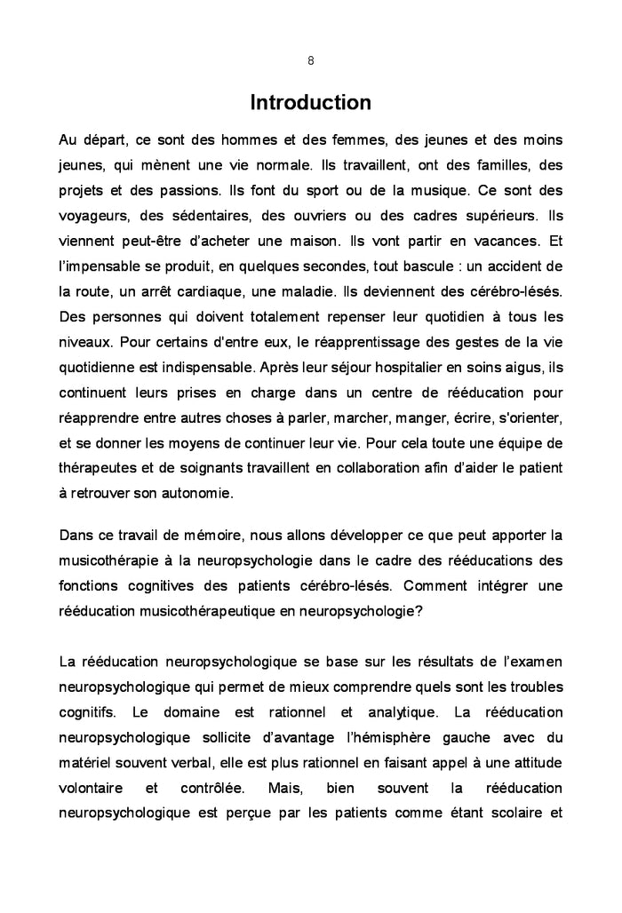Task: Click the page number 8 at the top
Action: point(310,61)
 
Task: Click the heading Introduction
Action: point(310,103)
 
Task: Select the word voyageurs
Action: point(92,216)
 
